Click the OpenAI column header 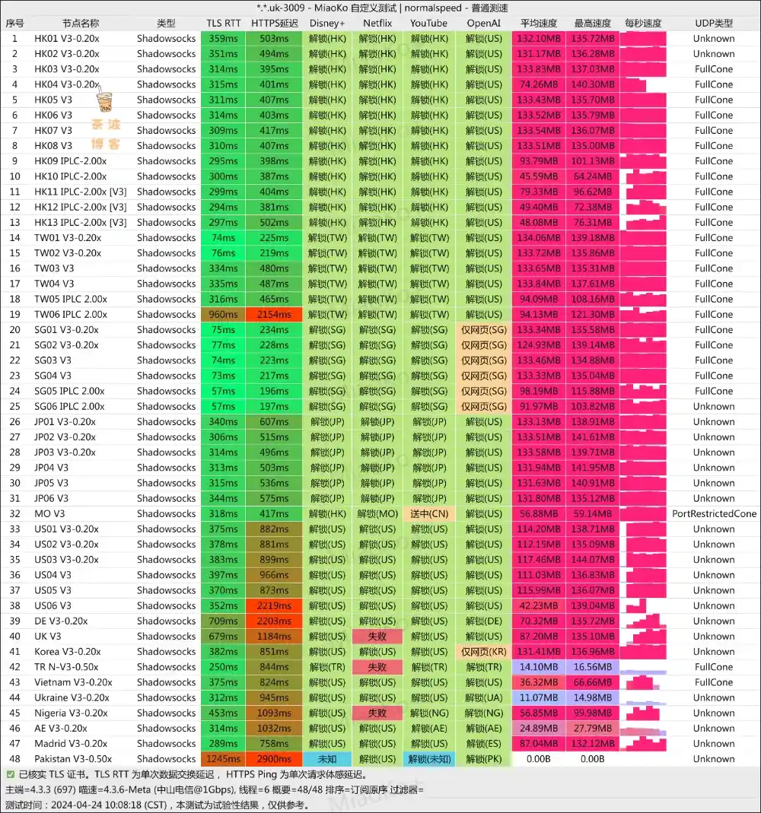[x=483, y=23]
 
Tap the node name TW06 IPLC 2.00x [x=71, y=314]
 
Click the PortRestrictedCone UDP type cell [x=714, y=513]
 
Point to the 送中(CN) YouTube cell [x=428, y=513]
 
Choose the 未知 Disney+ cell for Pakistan [x=327, y=759]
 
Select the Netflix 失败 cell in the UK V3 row [x=377, y=636]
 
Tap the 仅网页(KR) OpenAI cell [x=483, y=652]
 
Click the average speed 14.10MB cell [x=538, y=667]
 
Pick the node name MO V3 [x=49, y=513]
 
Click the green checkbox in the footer [x=10, y=774]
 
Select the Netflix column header [x=377, y=23]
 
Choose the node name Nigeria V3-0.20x [x=71, y=713]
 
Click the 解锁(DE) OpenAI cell [x=483, y=621]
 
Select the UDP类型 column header [x=714, y=23]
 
